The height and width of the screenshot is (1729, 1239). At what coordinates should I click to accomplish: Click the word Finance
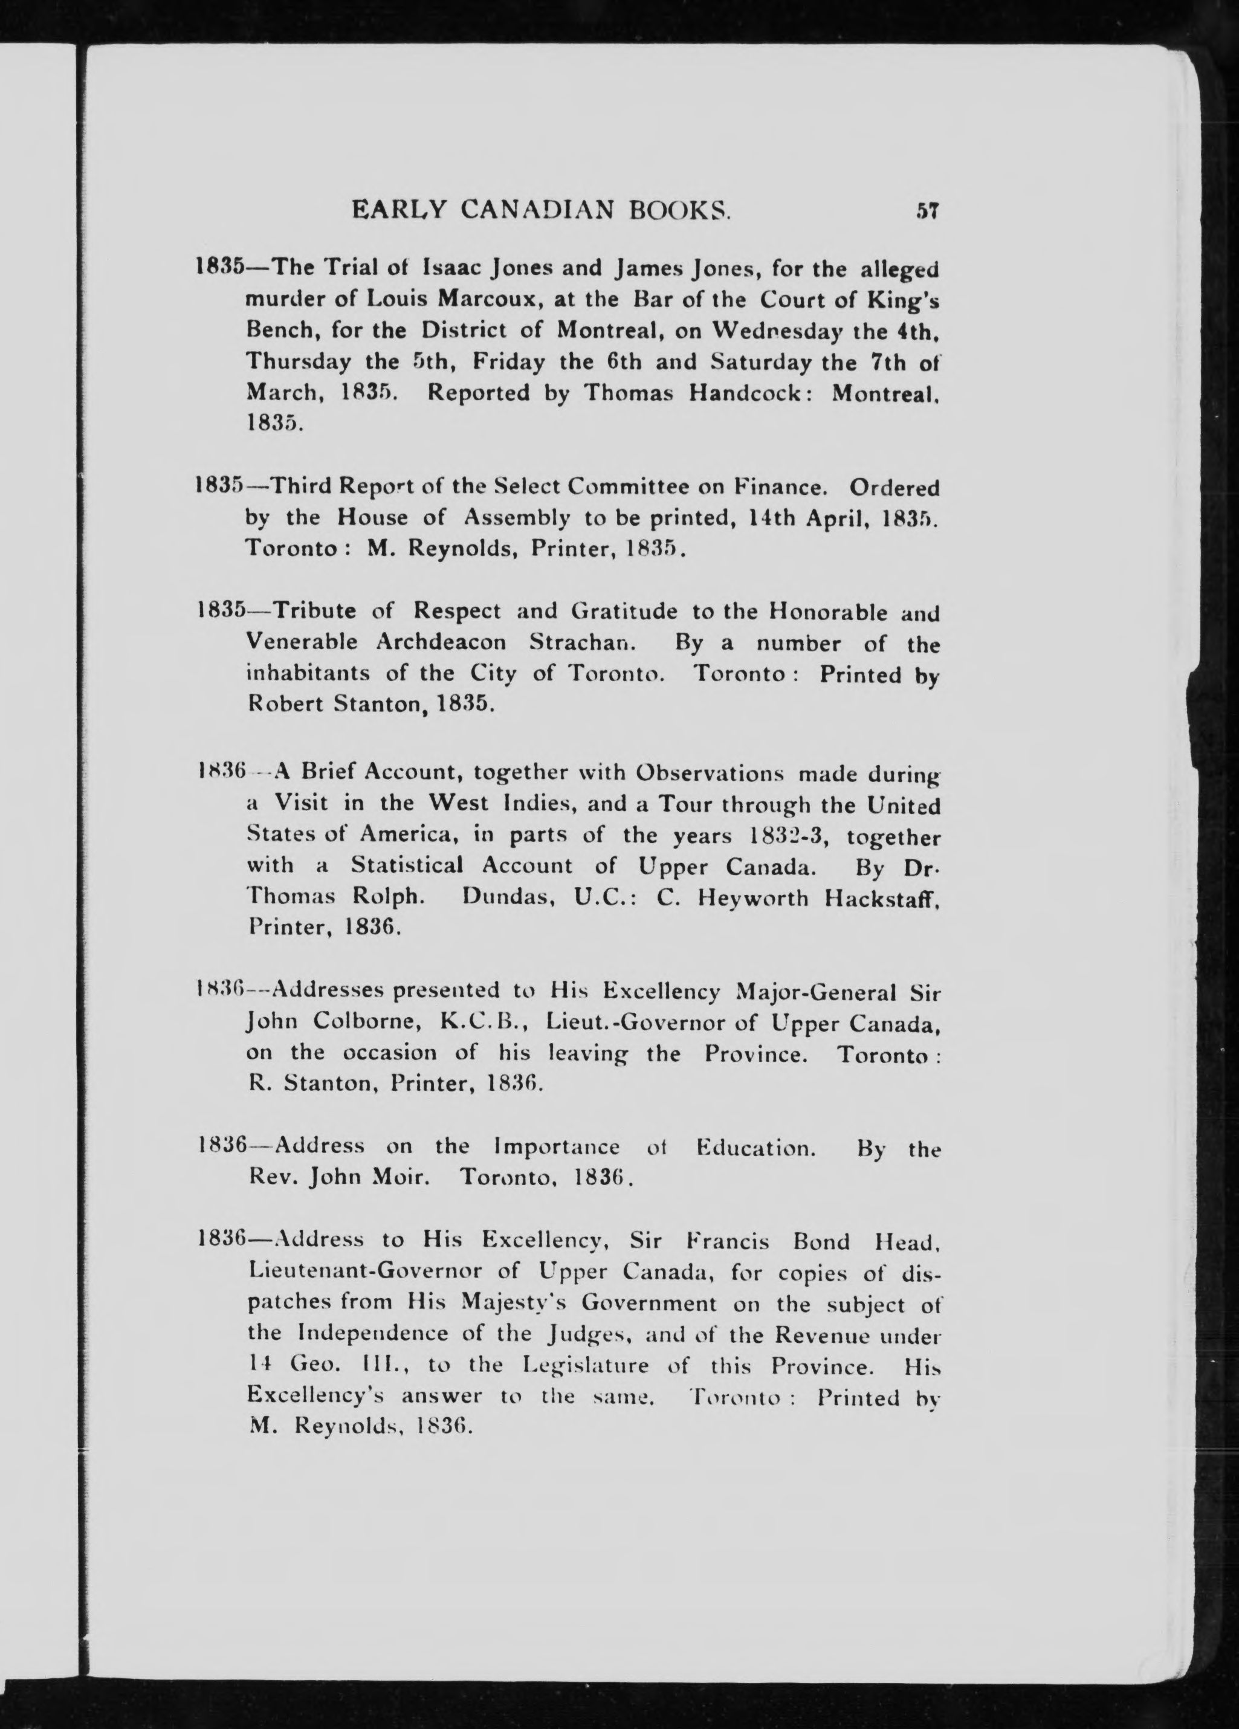[x=784, y=486]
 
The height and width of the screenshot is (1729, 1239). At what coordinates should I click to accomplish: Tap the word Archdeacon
[x=441, y=642]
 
